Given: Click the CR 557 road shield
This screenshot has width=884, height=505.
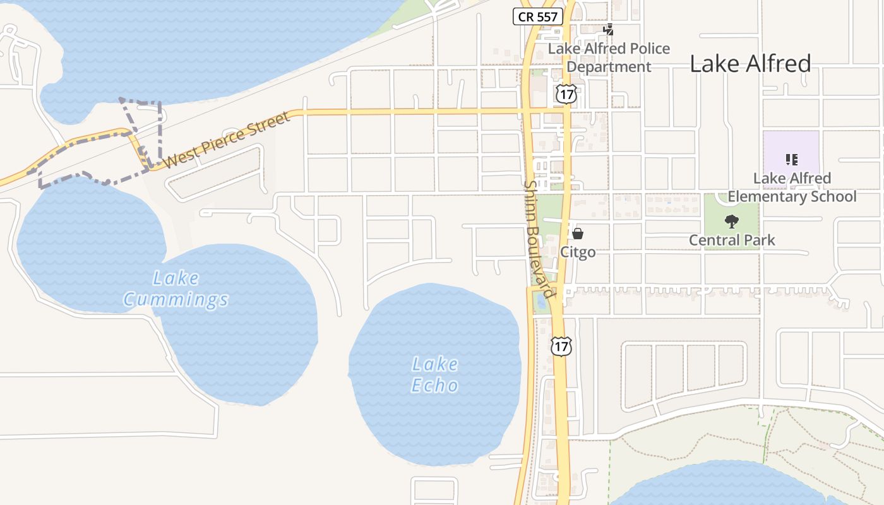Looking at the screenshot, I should coord(537,17).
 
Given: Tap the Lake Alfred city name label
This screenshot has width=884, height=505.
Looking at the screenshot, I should coord(750,64).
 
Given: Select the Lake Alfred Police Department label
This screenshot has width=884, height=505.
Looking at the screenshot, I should coord(609,57).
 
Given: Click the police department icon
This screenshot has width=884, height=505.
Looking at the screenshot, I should coord(609,29).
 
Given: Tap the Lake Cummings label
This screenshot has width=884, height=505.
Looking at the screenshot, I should coord(176,288).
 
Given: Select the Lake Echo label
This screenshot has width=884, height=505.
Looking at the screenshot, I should coord(434,374).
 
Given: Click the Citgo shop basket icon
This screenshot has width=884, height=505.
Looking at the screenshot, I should coord(578,234).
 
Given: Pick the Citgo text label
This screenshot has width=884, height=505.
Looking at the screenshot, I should coord(578,252).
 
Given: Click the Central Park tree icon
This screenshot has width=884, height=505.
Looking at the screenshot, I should coord(732,221).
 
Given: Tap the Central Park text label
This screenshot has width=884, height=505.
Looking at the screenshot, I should coord(732,240).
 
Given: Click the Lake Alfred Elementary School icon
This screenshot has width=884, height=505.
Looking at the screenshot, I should coord(792,159).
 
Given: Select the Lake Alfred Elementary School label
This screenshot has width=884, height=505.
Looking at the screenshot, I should coord(792,187).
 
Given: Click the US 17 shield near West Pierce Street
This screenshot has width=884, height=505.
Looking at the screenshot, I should coord(566,94).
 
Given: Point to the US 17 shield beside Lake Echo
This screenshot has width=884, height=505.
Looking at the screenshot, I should coord(561,346).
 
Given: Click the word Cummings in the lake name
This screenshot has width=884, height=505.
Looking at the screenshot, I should coord(176,299).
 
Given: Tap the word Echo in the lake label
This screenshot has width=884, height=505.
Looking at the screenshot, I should coord(434,385).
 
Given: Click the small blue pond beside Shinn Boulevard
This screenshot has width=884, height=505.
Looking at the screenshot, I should coord(541,302).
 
